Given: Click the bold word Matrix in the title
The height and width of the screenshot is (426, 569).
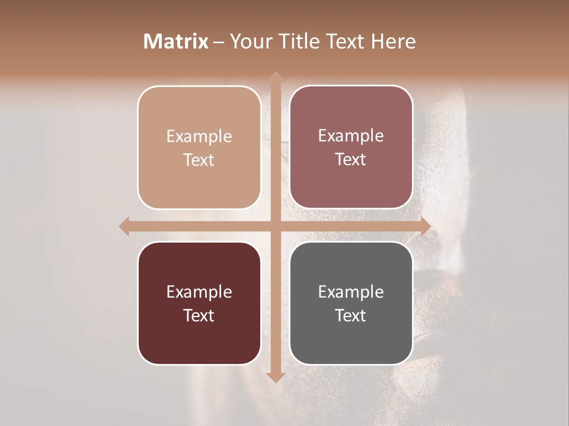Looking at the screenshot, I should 176,41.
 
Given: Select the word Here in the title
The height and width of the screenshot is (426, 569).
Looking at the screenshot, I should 393,41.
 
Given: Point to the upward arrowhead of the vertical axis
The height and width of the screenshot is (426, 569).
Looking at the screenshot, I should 275,76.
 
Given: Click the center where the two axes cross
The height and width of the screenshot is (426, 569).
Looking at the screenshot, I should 275,226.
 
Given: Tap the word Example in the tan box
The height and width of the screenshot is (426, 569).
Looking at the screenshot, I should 199,136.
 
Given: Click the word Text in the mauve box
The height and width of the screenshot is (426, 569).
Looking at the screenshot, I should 351,159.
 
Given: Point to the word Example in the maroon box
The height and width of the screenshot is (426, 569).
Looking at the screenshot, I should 199,292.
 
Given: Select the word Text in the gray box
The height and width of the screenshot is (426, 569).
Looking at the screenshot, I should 351,315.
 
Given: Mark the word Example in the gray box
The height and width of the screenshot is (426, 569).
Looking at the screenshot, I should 351,292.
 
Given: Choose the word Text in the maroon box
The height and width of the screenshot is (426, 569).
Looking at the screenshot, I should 199,315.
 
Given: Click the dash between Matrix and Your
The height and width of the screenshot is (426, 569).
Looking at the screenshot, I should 219,42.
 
